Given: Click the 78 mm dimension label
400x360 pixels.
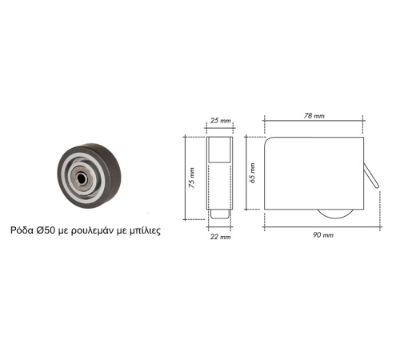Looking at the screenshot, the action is click(x=314, y=116).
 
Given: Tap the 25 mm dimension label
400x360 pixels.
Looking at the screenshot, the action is click(x=220, y=121).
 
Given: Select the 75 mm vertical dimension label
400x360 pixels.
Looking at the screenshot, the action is click(x=192, y=178).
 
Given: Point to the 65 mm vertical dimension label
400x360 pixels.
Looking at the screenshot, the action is click(x=252, y=173).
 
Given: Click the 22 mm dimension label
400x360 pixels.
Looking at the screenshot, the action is click(x=220, y=237).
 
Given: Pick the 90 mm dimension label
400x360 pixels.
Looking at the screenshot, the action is click(x=323, y=235).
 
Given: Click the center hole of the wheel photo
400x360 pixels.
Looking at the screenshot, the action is click(x=81, y=178).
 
